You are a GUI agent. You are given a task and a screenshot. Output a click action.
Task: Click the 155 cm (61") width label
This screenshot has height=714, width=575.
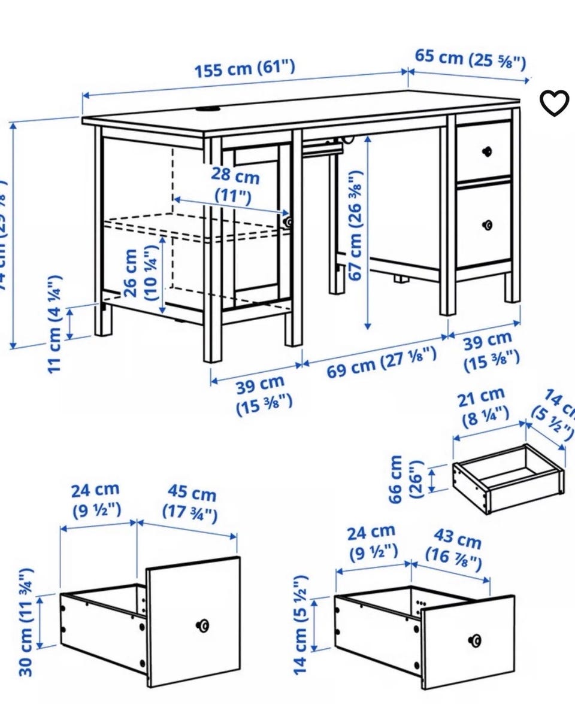click(x=245, y=68)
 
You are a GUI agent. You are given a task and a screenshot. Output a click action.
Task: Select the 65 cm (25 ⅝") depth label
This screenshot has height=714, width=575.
click(x=470, y=59)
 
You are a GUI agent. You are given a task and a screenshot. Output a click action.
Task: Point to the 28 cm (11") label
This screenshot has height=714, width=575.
click(x=235, y=186)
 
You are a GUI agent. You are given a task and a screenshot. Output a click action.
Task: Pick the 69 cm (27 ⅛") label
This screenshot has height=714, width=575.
click(x=382, y=362)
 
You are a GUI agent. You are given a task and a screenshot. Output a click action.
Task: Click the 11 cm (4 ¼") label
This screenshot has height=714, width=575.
click(x=55, y=323)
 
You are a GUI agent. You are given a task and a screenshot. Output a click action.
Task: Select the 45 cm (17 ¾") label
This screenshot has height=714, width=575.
click(x=191, y=503)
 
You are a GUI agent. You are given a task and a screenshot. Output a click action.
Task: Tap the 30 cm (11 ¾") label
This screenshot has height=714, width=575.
click(x=25, y=622)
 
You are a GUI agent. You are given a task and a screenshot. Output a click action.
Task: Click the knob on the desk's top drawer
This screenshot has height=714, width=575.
click(x=488, y=150)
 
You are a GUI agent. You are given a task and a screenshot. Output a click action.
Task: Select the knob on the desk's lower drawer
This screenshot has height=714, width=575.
click(x=488, y=225)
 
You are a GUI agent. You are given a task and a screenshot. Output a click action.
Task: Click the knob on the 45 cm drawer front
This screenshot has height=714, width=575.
click(x=204, y=625)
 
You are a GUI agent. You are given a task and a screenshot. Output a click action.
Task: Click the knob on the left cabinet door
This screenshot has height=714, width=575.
click(x=289, y=221)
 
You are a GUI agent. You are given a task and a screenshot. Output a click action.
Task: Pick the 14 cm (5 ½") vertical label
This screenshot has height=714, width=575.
click(x=301, y=622)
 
